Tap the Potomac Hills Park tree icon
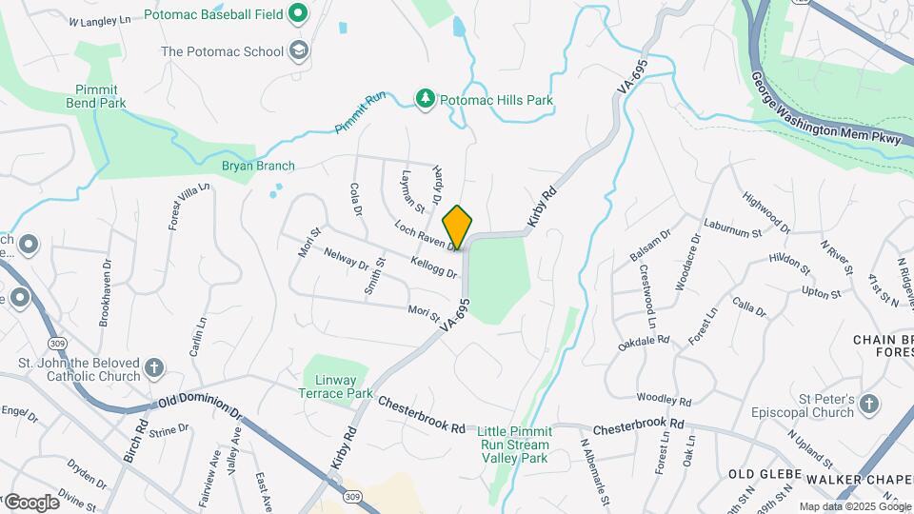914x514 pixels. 426,99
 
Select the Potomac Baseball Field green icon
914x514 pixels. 298,14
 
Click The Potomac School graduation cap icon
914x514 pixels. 299,50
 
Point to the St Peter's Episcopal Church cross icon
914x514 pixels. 867,405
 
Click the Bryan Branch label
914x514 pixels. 258,166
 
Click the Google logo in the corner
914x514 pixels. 32,502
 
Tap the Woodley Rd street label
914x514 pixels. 664,398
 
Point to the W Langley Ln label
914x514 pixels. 99,20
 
